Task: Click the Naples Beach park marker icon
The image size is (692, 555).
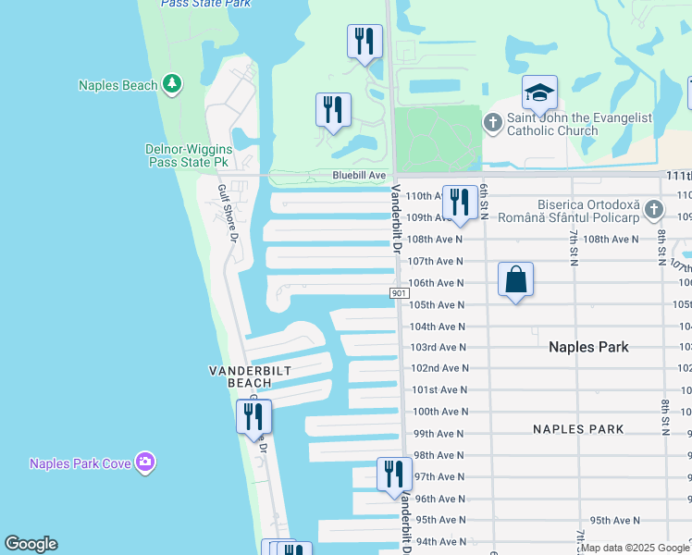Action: (171, 85)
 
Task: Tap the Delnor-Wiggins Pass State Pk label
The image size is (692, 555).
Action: (187, 154)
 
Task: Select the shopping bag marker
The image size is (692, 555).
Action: (515, 279)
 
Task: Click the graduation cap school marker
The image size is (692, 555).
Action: (539, 92)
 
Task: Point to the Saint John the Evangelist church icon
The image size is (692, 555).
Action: (493, 121)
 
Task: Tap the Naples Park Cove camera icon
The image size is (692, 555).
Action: (144, 462)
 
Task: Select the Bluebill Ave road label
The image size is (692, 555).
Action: (359, 175)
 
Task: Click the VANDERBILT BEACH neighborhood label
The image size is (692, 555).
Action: (251, 376)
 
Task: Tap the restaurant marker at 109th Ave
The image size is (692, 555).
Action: (460, 203)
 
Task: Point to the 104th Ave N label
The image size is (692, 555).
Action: (439, 327)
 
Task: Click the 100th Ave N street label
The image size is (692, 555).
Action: (439, 412)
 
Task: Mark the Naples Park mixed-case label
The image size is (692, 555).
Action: (588, 347)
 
